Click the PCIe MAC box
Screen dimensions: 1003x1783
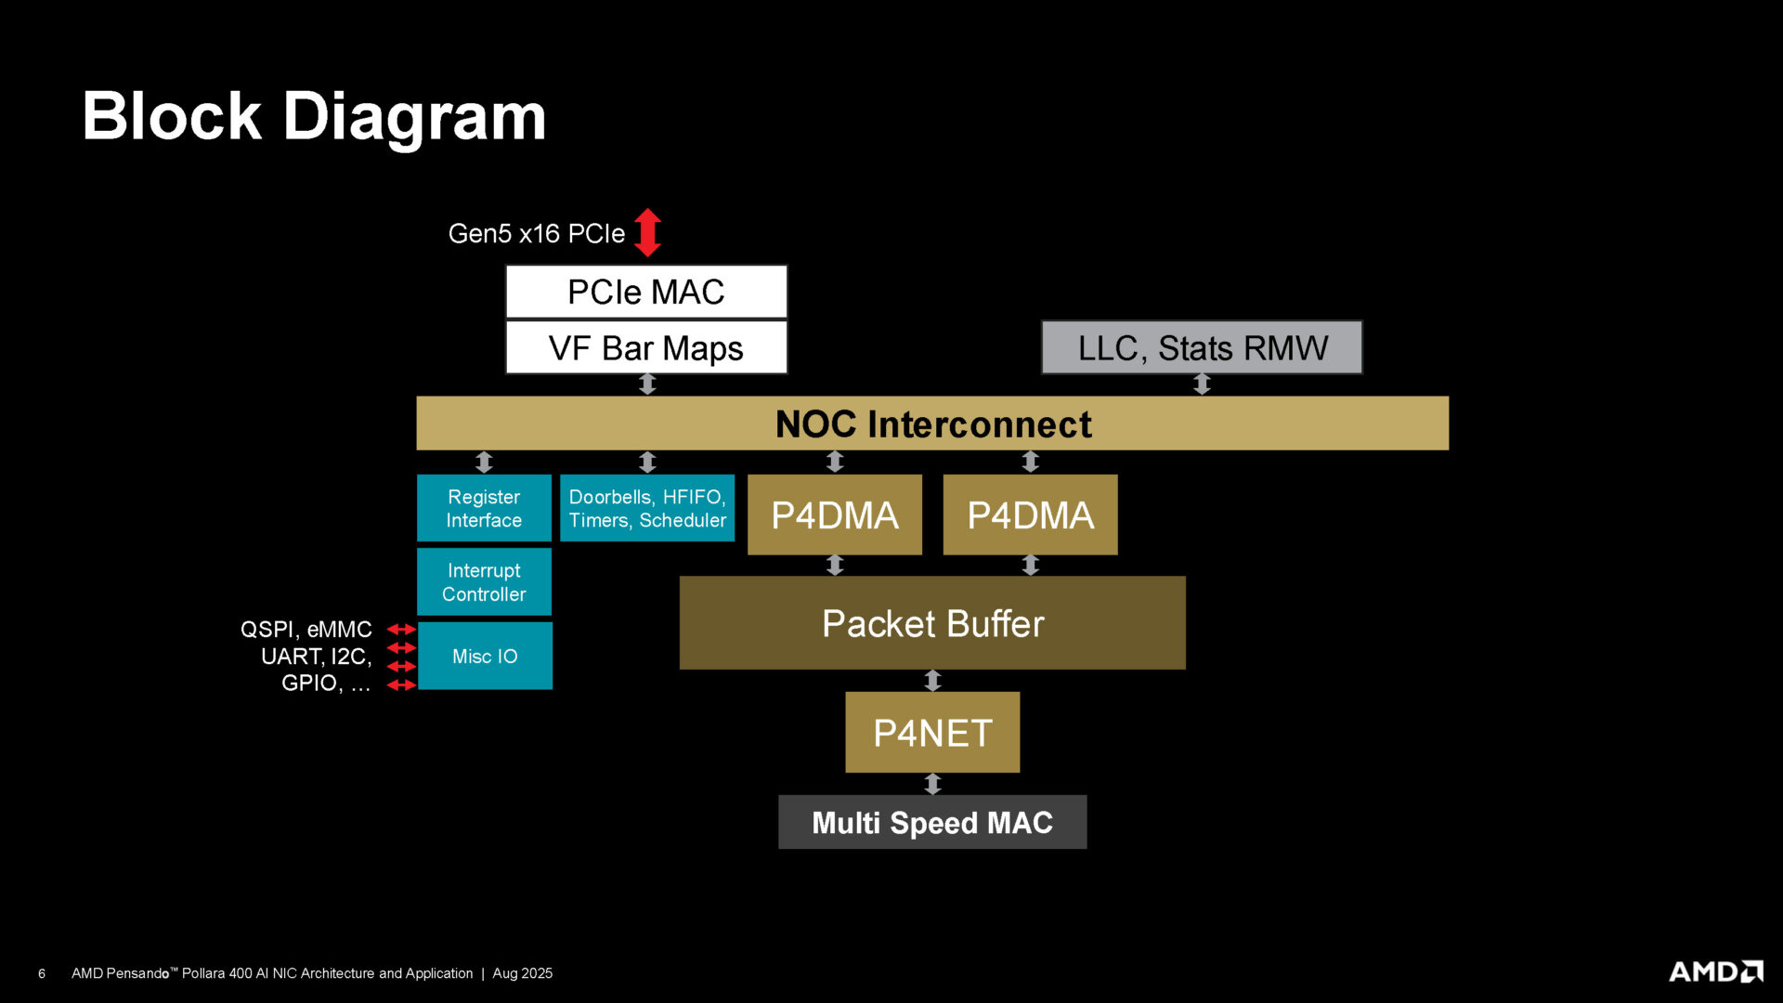coord(646,292)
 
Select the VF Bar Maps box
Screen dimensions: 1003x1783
coord(646,348)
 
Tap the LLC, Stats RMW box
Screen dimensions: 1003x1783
coord(1202,348)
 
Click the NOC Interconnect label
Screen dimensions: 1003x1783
coord(932,424)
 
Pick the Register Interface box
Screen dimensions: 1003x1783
coord(484,508)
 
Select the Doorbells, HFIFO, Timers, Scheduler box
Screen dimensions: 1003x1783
coord(647,508)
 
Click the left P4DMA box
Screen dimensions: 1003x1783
coord(834,515)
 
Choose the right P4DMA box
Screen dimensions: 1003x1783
coord(1030,515)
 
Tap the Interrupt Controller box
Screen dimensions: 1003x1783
coord(484,582)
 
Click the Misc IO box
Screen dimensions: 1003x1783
coord(485,656)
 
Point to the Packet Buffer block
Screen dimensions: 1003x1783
coord(932,623)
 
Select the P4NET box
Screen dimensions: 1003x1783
coord(932,733)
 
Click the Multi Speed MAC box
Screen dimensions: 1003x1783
coord(932,822)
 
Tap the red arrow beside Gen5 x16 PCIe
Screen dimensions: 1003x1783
coord(647,232)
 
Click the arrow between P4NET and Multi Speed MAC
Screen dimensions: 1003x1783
coord(932,784)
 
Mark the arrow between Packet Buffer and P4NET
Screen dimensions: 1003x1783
coord(932,681)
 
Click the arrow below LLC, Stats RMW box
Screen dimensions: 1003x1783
coord(1202,384)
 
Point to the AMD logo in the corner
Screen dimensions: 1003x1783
coord(1715,971)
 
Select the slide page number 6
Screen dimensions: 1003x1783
coord(42,973)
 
